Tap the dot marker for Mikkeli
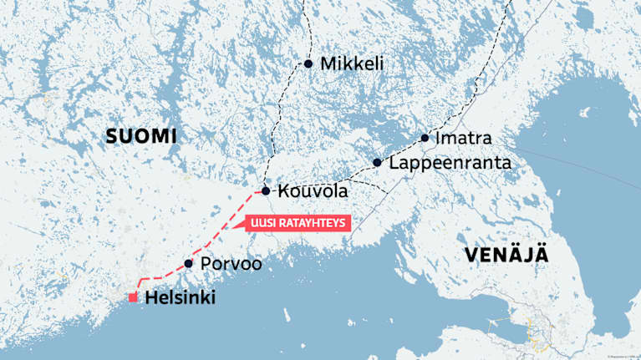click(308, 63)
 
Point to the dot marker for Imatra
click(425, 138)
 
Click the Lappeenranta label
click(450, 163)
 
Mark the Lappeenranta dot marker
click(378, 162)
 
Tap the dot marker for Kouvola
click(266, 191)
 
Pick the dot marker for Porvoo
click(189, 264)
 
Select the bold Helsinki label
click(180, 297)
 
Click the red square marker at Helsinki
click(132, 297)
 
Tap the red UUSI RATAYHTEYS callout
click(296, 223)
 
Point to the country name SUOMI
click(142, 136)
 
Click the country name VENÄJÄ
click(507, 255)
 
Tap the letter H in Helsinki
click(151, 297)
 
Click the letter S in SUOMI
click(113, 136)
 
